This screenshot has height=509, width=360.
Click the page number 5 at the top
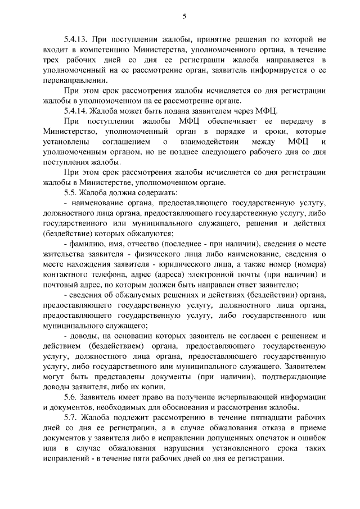point(184,16)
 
